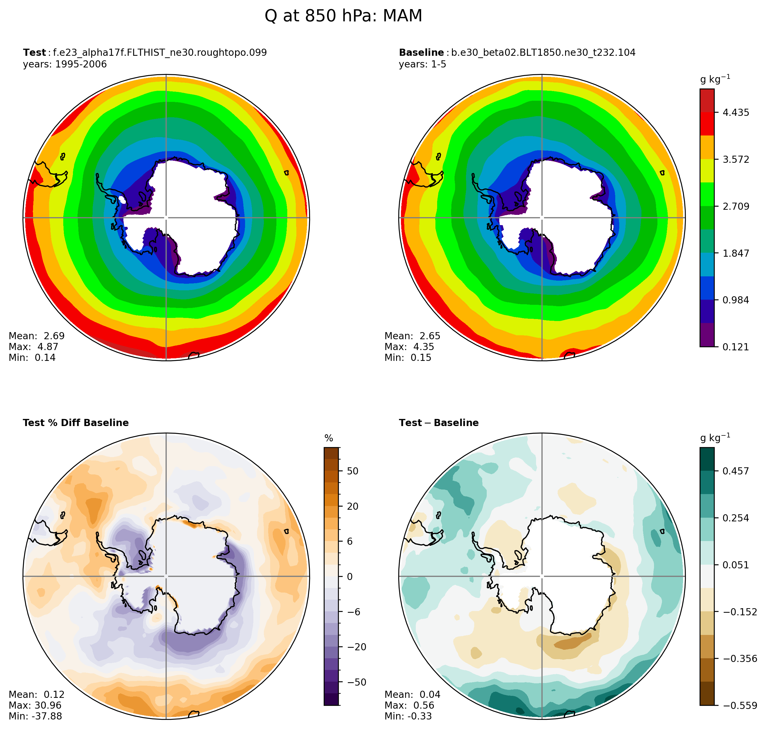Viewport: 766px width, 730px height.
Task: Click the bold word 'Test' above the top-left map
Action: (x=34, y=53)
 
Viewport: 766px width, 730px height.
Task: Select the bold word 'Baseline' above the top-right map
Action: (x=421, y=53)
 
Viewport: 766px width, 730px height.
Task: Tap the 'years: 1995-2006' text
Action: (x=65, y=64)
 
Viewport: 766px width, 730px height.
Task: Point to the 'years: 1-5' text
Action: (x=422, y=64)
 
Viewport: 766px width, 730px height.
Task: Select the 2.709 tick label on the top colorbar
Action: (x=736, y=207)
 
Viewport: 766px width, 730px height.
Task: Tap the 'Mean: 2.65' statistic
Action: (x=412, y=336)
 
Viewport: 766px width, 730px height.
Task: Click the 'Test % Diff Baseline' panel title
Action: (x=76, y=423)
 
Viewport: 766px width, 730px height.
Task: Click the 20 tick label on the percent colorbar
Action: (x=353, y=506)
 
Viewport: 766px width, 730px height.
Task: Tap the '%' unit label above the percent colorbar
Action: (x=329, y=439)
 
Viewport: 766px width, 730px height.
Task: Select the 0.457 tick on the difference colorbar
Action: (x=736, y=471)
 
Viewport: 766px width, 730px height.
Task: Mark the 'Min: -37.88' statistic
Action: (x=35, y=716)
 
